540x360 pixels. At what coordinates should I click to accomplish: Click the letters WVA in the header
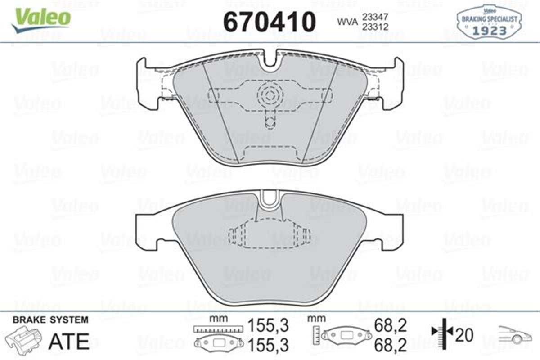point(345,21)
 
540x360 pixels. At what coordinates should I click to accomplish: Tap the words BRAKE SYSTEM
point(50,320)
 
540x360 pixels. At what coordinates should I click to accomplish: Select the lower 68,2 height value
point(391,345)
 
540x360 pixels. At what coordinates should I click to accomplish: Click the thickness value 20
point(465,335)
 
